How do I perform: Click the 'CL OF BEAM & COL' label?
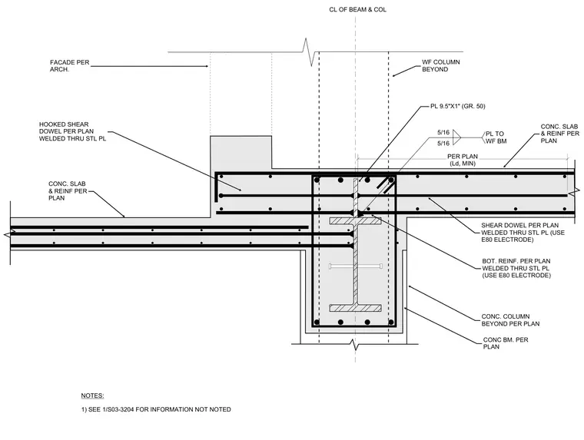coord(357,10)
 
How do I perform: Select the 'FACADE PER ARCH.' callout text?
coord(70,66)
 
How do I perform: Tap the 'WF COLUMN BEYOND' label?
coord(440,65)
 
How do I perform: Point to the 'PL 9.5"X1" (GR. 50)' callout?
coord(458,107)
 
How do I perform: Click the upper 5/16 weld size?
coord(443,132)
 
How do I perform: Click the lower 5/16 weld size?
coord(443,143)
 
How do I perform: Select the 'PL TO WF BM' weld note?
coord(496,137)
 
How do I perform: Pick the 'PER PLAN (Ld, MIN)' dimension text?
coord(463,160)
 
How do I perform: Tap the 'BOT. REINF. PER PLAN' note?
coord(516,261)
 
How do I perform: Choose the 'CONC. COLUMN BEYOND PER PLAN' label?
coord(510,320)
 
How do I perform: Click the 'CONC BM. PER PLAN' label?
coord(506,343)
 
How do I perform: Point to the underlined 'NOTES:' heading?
coord(93,395)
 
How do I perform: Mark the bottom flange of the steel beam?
coord(355,308)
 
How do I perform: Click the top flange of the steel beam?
coord(355,221)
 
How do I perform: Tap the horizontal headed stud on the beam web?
coord(355,266)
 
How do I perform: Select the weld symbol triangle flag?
coord(456,137)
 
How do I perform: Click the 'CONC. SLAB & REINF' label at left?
coord(68,191)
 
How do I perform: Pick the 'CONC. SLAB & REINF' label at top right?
coord(559,134)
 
